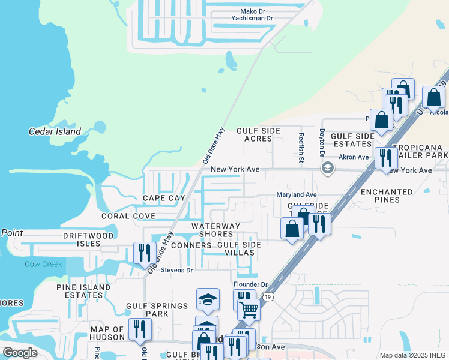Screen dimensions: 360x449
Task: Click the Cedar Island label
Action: pyautogui.click(x=55, y=131)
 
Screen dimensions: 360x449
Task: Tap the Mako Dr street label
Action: pyautogui.click(x=252, y=11)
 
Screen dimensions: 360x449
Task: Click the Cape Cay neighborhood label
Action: pyautogui.click(x=164, y=198)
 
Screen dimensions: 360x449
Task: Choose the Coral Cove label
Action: pyautogui.click(x=128, y=215)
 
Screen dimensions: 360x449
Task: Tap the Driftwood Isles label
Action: pyautogui.click(x=88, y=240)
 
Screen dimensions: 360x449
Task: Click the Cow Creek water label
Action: pyautogui.click(x=43, y=264)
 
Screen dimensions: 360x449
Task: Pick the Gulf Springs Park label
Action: pyautogui.click(x=157, y=310)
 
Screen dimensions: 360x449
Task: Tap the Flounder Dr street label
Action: pyautogui.click(x=250, y=284)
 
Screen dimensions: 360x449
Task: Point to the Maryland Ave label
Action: pyautogui.click(x=296, y=194)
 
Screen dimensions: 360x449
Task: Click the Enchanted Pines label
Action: pyautogui.click(x=387, y=196)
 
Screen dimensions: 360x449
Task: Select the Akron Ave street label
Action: pyautogui.click(x=354, y=157)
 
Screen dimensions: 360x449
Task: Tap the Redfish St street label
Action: pyautogui.click(x=301, y=148)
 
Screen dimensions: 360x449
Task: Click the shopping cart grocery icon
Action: pyautogui.click(x=249, y=310)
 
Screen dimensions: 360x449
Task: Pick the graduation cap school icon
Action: pyautogui.click(x=208, y=299)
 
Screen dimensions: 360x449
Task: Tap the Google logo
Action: pyautogui.click(x=20, y=353)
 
